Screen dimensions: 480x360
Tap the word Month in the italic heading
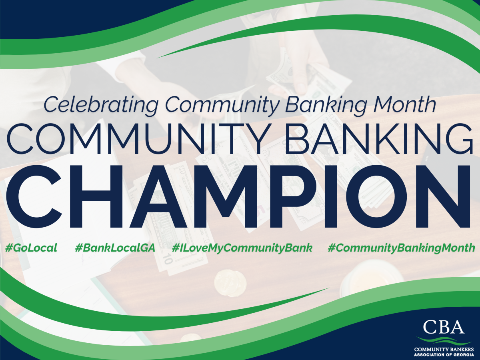click(405, 104)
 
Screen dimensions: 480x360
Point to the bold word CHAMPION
click(238, 196)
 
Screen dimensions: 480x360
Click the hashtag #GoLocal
click(31, 248)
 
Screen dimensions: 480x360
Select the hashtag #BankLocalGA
click(115, 248)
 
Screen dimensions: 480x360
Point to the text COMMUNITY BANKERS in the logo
click(444, 349)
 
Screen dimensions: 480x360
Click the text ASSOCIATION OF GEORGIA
click(444, 354)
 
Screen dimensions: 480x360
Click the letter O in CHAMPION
click(376, 196)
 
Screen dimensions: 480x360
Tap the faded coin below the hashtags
click(230, 283)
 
